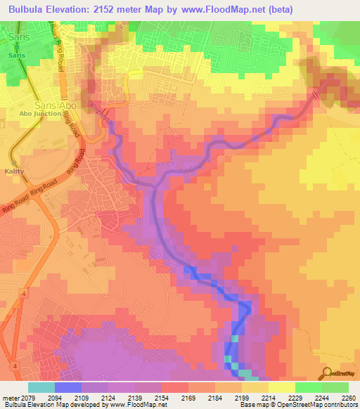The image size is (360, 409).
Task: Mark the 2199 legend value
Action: (x=240, y=397)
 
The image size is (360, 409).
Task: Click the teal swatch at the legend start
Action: (x=41, y=387)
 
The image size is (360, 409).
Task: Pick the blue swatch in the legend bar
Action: (x=68, y=387)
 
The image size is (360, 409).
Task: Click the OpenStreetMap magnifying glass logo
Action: (x=328, y=372)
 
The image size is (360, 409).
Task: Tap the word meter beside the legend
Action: (x=11, y=397)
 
